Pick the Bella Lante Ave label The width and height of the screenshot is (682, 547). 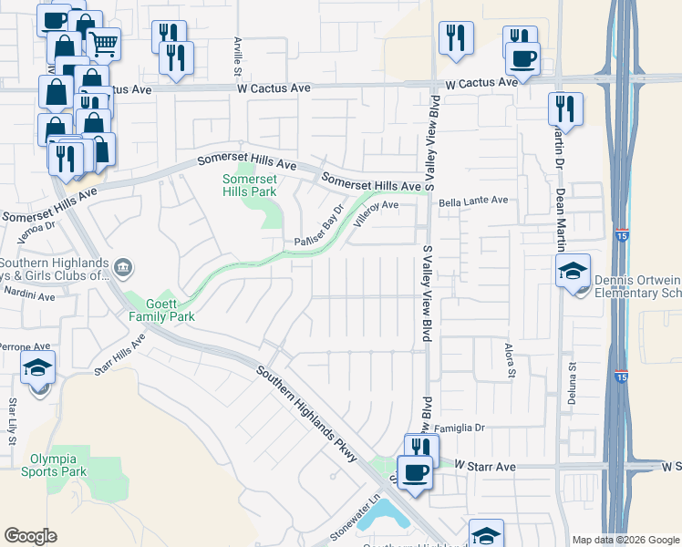(x=472, y=201)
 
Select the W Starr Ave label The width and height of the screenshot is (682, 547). (x=485, y=466)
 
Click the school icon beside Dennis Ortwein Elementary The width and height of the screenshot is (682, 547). (x=573, y=270)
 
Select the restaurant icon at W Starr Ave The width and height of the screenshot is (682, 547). (x=419, y=448)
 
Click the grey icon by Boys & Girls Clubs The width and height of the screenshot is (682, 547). (x=124, y=268)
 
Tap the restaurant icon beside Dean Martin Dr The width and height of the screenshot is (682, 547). (x=565, y=108)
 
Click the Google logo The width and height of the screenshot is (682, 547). (x=30, y=536)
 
